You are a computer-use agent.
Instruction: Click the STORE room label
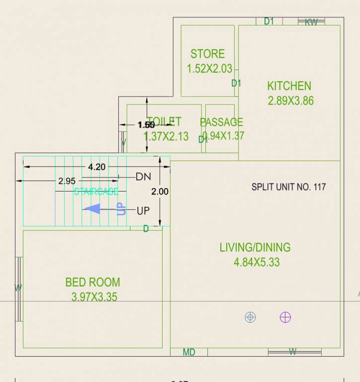[207, 54]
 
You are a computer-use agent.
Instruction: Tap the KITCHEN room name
[289, 86]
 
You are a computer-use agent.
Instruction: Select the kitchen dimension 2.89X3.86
[291, 100]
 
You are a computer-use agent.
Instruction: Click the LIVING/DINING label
[255, 247]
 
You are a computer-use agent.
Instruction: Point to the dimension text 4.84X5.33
[257, 262]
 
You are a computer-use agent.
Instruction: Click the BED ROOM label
[92, 282]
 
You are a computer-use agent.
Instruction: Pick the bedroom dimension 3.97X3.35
[94, 297]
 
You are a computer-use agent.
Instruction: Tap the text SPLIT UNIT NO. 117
[288, 187]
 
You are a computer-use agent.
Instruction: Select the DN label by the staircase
[143, 177]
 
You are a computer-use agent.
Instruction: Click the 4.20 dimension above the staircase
[96, 167]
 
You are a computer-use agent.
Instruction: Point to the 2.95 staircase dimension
[67, 181]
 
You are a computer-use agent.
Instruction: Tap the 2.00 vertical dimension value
[160, 191]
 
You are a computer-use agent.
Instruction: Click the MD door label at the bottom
[189, 352]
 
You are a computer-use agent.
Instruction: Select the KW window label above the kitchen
[311, 21]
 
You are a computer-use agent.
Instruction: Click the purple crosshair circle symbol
[285, 317]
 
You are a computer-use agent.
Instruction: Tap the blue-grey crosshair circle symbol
[251, 317]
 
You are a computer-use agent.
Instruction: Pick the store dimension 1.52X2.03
[209, 69]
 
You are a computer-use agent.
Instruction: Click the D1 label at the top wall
[269, 21]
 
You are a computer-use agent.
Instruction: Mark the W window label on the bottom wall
[293, 352]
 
